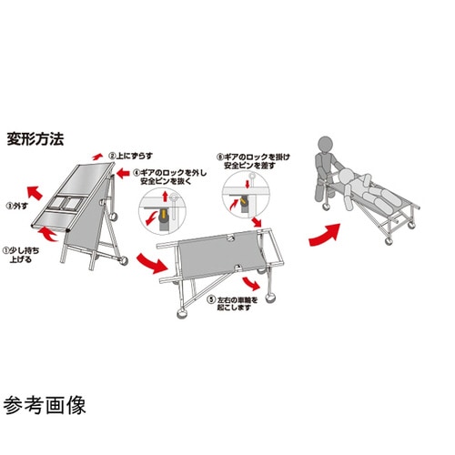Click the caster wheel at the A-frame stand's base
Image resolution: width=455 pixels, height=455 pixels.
[x=119, y=265]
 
